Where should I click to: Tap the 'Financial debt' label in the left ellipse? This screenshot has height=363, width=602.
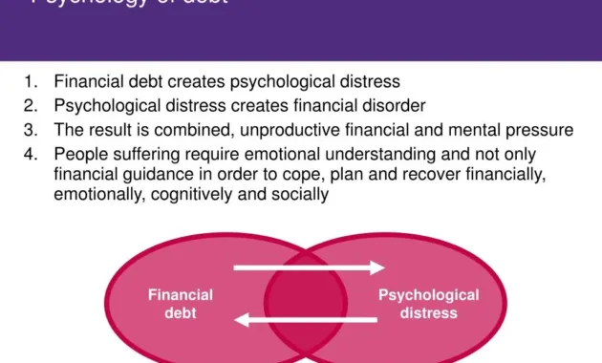[181, 304]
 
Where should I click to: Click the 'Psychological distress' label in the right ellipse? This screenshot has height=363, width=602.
[429, 304]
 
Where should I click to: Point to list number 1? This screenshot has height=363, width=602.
[32, 82]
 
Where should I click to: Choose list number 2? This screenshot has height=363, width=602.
[32, 105]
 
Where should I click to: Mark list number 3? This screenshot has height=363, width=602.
[32, 129]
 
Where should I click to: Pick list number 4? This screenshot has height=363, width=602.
[32, 153]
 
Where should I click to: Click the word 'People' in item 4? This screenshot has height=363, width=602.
[79, 153]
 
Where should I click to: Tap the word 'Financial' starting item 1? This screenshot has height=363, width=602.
[89, 82]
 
